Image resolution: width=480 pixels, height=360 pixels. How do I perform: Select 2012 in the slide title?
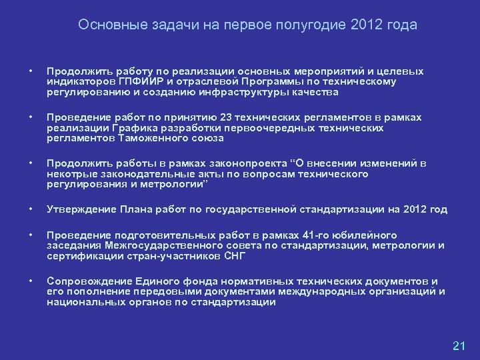[370, 25]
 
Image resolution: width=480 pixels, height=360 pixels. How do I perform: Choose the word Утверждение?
[79, 209]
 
